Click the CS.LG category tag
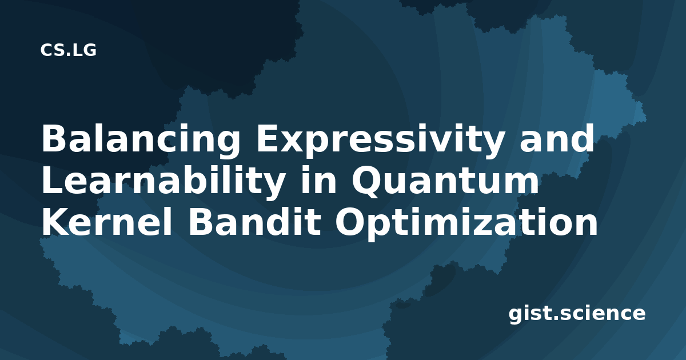coord(68,50)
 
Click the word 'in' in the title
coord(318,180)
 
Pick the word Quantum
coord(445,181)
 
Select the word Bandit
coord(255,222)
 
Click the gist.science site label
coord(577,314)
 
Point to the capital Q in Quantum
coord(368,181)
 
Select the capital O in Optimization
coord(351,222)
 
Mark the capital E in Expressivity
coord(268,138)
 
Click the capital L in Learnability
coord(53,180)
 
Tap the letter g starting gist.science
coord(516,316)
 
